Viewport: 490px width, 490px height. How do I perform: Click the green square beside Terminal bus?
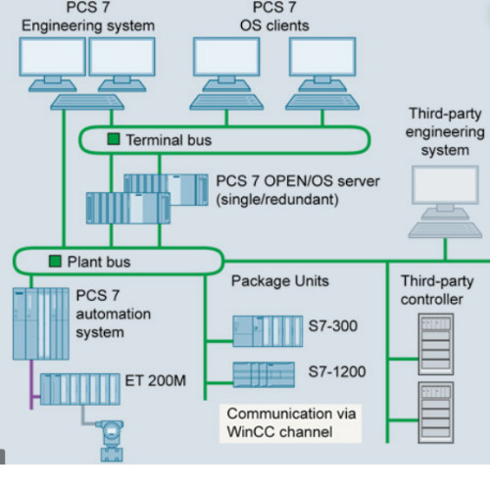[x=114, y=140]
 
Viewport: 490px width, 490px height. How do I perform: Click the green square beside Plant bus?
[x=55, y=262]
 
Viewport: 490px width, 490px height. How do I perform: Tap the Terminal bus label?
[x=168, y=140]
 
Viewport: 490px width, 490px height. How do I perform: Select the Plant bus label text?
[x=98, y=262]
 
